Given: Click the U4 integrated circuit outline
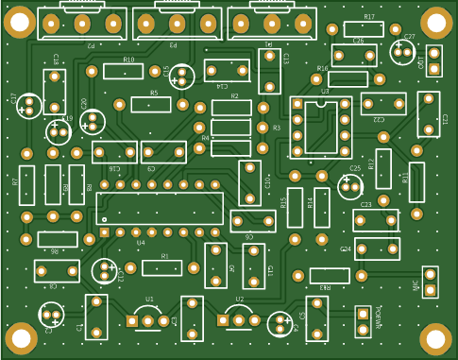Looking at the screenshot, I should coord(160,208).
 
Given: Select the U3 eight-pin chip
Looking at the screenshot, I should coord(320,128).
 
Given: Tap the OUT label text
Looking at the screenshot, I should coord(421,61).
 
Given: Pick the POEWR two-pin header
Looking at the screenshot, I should coord(363,320).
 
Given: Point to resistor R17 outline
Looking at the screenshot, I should coord(368,29).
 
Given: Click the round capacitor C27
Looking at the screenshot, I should coord(403,52).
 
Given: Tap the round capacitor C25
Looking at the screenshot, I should coord(350,185).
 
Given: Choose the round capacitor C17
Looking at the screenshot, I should coord(29,106).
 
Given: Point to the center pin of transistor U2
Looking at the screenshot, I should coord(240,321).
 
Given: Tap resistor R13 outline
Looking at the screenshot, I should coord(329,276).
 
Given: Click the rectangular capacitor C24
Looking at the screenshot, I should coord(377,249).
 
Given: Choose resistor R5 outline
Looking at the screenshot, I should coord(151,104).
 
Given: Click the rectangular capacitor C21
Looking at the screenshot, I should coord(428,114).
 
